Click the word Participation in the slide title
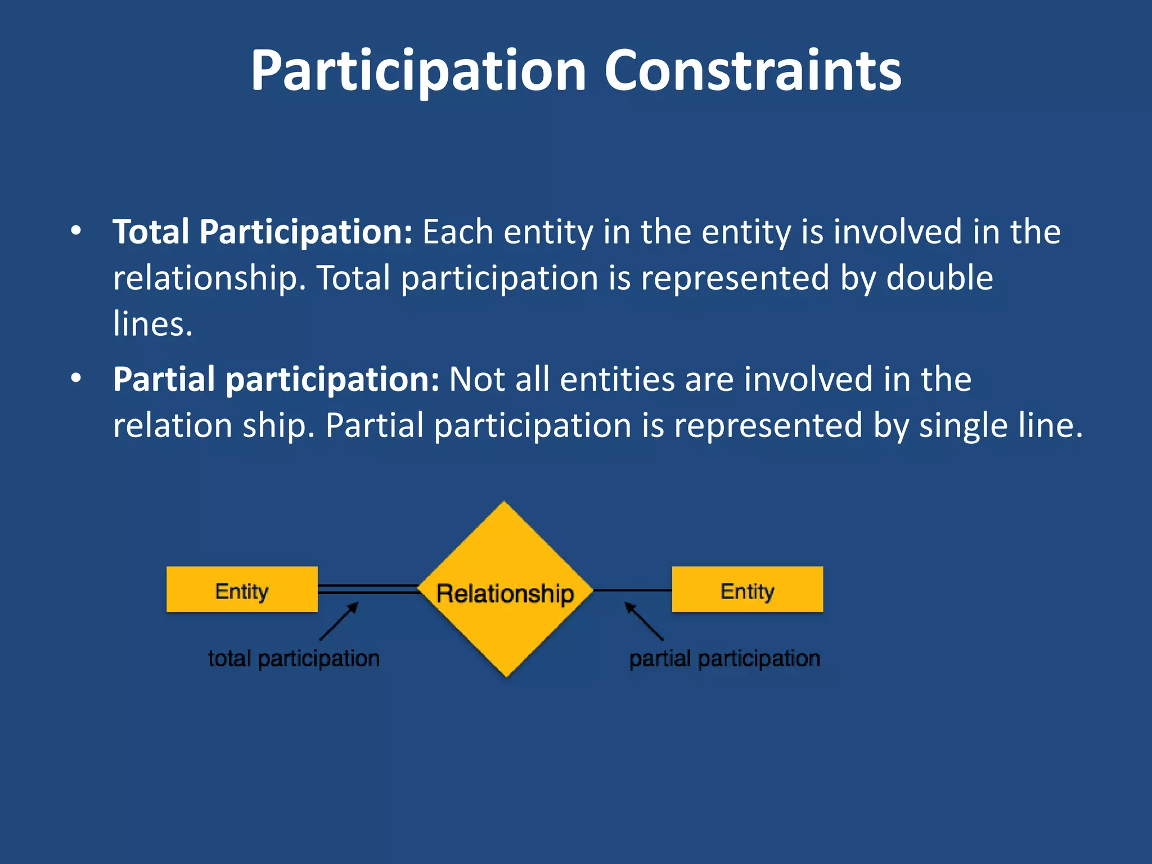point(418,72)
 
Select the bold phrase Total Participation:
point(263,232)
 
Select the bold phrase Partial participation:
point(276,379)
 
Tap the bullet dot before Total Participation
point(76,231)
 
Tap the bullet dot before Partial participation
point(76,379)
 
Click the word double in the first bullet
point(939,278)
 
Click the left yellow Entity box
point(242,589)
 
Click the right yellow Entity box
point(747,589)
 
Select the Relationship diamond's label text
point(505,593)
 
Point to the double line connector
point(368,589)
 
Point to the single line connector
point(632,590)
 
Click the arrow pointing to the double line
point(339,621)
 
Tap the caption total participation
point(294,659)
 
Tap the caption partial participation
point(724,659)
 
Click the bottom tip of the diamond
point(506,674)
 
